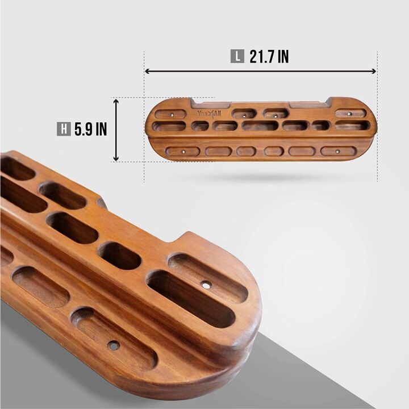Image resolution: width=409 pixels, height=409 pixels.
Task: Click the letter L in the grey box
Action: coord(237,57)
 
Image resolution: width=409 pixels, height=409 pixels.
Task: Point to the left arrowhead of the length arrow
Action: coord(147,71)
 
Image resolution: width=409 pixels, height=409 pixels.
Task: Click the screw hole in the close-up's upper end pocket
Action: coord(206,284)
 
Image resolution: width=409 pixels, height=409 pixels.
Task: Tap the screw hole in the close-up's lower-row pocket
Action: coord(114,344)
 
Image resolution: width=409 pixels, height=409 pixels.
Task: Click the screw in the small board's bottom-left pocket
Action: coord(183,152)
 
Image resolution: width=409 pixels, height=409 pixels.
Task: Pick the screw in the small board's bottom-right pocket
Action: coord(337,152)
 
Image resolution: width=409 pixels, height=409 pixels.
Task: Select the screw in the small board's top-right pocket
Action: coord(349,114)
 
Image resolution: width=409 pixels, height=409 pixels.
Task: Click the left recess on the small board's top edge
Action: coord(211,105)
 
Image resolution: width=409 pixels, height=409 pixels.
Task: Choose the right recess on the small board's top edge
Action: coord(308,103)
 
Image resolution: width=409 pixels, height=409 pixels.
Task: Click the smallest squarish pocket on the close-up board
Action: coord(119,256)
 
